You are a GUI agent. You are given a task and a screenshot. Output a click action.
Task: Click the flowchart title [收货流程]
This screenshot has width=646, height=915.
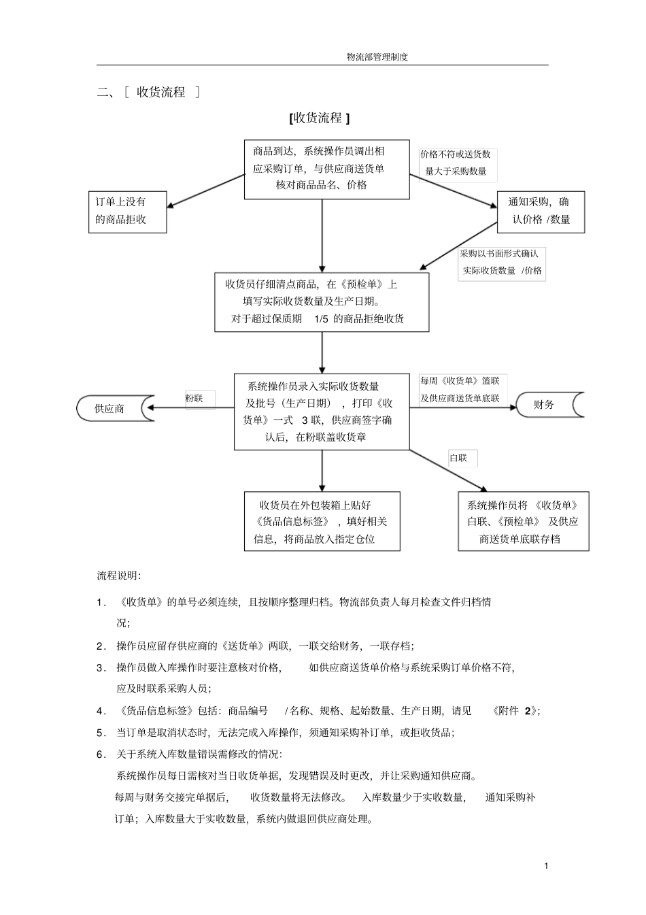pyautogui.click(x=319, y=118)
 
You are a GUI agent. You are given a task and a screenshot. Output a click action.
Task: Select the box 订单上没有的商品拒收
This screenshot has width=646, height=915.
pyautogui.click(x=127, y=212)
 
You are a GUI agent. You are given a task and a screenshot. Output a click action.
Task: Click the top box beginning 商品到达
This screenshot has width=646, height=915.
pyautogui.click(x=326, y=169)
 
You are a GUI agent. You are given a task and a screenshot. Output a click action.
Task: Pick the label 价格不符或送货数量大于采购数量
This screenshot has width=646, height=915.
pyautogui.click(x=457, y=164)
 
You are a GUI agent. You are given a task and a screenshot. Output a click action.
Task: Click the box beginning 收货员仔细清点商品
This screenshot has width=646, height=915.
pyautogui.click(x=322, y=302)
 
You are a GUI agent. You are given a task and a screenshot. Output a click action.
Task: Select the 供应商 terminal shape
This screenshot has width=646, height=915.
pyautogui.click(x=110, y=409)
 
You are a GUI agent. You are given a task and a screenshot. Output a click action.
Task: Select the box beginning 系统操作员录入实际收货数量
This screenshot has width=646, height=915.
pyautogui.click(x=322, y=412)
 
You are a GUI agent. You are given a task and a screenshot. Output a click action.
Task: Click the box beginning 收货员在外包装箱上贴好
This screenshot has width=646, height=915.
pyautogui.click(x=322, y=522)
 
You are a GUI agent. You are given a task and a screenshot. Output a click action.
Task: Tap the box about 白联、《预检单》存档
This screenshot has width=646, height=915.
pyautogui.click(x=523, y=522)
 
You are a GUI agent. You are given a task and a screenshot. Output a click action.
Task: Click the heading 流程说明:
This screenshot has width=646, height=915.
pyautogui.click(x=119, y=576)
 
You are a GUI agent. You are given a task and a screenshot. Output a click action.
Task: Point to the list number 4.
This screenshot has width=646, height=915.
pyautogui.click(x=101, y=711)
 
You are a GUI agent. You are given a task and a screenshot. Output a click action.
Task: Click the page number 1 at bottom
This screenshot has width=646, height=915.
pyautogui.click(x=546, y=865)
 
